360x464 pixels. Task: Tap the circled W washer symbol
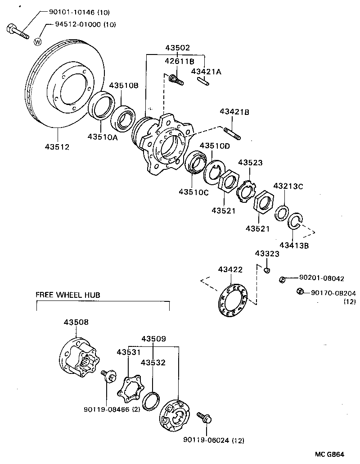click(38, 42)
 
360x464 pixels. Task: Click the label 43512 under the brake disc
click(57, 146)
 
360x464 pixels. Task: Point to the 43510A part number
click(102, 137)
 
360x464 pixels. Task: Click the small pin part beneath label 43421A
click(203, 81)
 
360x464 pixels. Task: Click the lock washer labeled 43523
click(246, 191)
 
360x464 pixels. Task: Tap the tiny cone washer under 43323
click(267, 270)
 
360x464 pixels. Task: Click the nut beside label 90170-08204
click(300, 292)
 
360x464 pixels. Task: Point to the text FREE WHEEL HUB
click(67, 295)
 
